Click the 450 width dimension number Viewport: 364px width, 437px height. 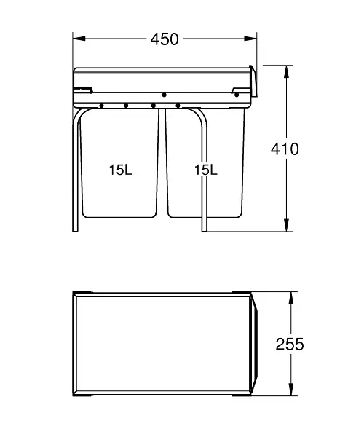click(165, 39)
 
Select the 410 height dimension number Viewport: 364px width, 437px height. click(285, 149)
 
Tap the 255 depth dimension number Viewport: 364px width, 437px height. click(289, 344)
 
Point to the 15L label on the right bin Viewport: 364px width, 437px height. click(206, 170)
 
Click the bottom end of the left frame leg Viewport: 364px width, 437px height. click(75, 231)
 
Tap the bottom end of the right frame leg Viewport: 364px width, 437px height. click(205, 231)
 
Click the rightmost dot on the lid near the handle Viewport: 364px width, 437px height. click(237, 94)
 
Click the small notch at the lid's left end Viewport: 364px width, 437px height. click(85, 90)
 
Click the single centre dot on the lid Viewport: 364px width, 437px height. click(165, 95)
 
